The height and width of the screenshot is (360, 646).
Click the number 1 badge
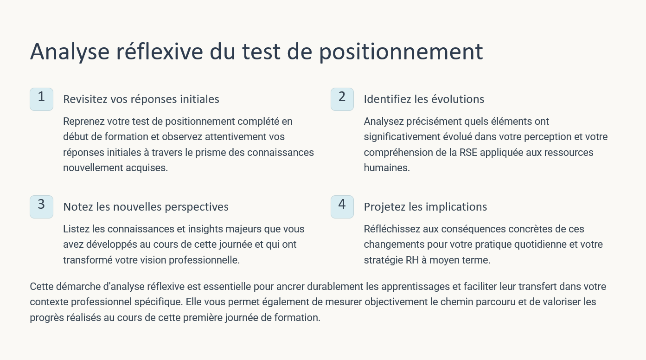pos(42,99)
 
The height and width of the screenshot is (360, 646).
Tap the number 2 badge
pos(342,99)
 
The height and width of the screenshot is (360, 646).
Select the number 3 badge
pos(42,207)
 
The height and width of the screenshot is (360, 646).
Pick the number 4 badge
pos(342,207)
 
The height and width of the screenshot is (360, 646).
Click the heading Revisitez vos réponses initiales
pos(141,99)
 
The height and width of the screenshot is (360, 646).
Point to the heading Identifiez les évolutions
pos(424,99)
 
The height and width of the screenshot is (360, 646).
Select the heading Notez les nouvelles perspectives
pos(146,207)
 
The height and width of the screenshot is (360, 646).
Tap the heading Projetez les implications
pos(425,207)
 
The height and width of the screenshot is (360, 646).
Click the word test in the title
pos(261,52)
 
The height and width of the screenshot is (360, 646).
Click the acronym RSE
pos(468,152)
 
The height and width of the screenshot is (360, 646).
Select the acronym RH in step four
pos(412,260)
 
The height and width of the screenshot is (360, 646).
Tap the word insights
pos(205,229)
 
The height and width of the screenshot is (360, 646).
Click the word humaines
pos(387,167)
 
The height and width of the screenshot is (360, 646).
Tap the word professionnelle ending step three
pos(204,260)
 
